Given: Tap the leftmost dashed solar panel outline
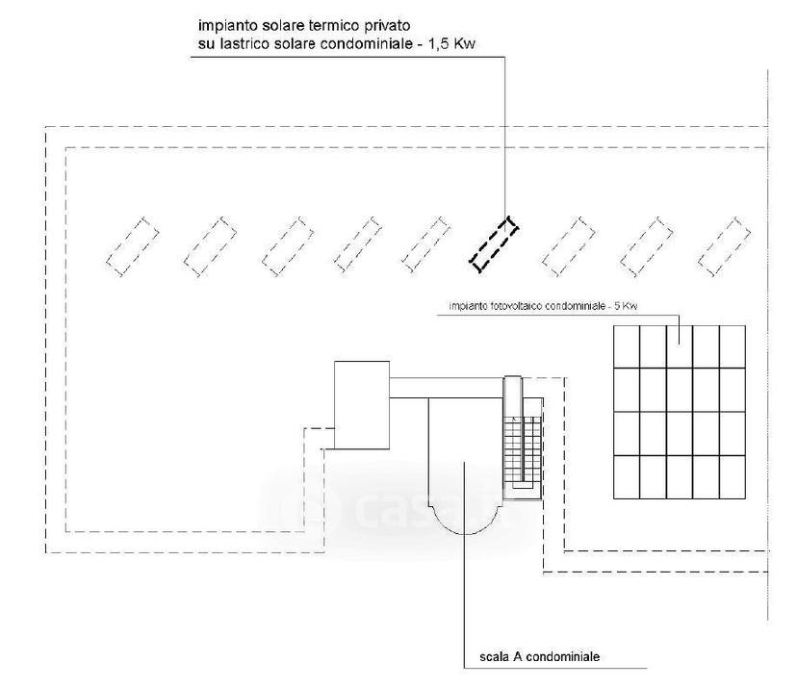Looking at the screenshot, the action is coord(132,246).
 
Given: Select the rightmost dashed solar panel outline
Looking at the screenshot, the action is coord(724,246).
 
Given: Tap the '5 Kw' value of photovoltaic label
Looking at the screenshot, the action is coord(626,306).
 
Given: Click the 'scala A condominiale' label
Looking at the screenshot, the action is coord(539,656).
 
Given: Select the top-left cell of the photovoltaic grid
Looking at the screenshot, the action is coord(627,346).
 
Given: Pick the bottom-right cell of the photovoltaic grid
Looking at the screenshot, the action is coord(733,477).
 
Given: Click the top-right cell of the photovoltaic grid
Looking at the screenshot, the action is coord(733,346).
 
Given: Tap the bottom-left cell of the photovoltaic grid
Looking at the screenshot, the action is coord(627,477).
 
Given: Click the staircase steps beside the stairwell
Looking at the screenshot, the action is coord(523,452).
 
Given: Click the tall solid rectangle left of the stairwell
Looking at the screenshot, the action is coord(362,405).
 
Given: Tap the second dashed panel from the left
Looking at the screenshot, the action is coord(210,246).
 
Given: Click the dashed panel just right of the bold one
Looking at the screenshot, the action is coord(568,246).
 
